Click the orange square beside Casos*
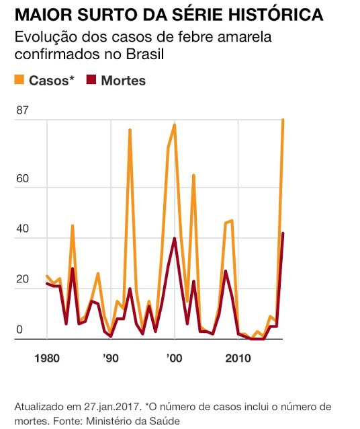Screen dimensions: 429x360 (20, 81)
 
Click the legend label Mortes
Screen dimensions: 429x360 (123, 81)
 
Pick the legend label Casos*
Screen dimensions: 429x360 (52, 81)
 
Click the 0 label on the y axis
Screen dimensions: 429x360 (19, 329)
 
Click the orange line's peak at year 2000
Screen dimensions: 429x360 (175, 125)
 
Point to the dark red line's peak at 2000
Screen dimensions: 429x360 (175, 238)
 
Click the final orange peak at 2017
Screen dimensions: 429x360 (283, 120)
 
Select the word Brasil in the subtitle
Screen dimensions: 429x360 (145, 54)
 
